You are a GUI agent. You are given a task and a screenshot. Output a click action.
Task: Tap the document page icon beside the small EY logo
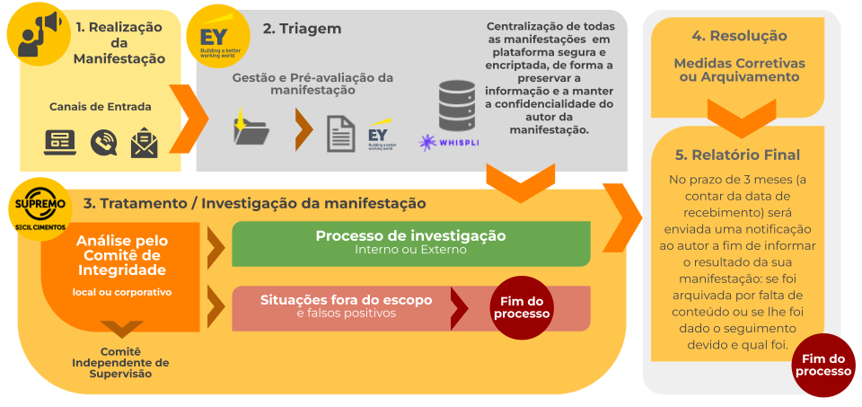click(x=340, y=133)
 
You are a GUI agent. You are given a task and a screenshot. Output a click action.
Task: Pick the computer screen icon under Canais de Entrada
click(x=60, y=142)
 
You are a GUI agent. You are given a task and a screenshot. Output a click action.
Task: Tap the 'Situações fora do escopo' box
click(x=346, y=306)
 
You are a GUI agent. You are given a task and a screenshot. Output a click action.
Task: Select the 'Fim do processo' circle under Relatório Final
click(x=822, y=365)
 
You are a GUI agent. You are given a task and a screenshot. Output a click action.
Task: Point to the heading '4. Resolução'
click(x=739, y=36)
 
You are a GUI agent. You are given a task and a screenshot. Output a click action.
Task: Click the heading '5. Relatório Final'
click(x=738, y=155)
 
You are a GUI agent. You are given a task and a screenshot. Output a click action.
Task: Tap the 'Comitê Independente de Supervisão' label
click(x=120, y=362)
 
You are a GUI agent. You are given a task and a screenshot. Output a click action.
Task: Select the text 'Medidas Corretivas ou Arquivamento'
click(x=739, y=70)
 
